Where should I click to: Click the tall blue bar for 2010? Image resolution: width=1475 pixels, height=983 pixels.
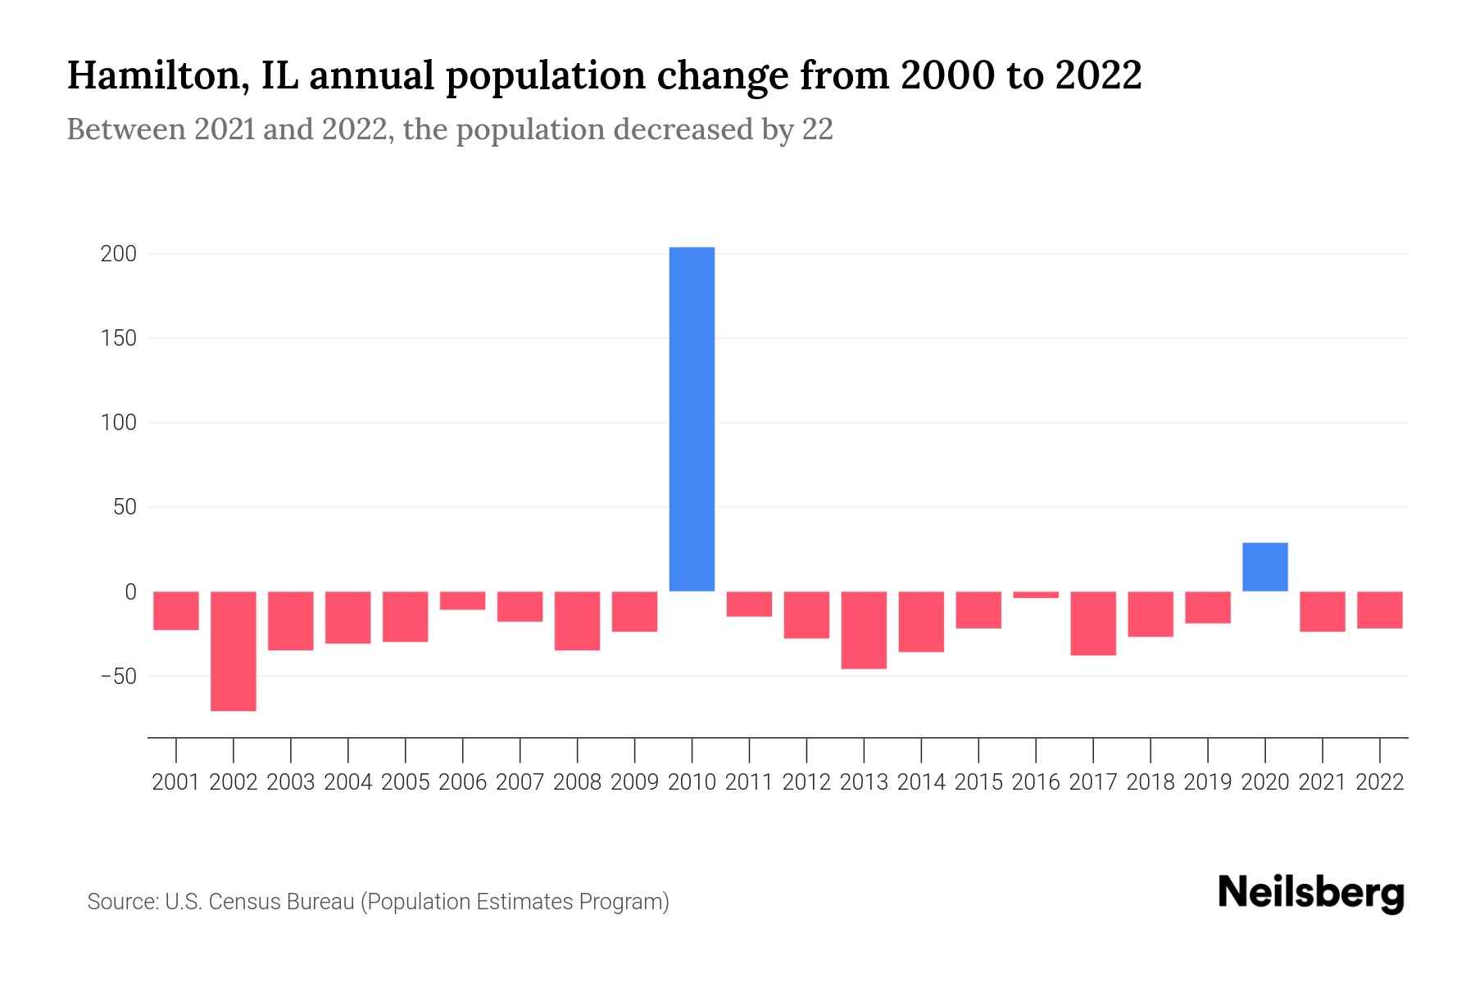click(x=692, y=419)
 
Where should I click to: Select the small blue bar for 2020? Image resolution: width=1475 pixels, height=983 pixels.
click(x=1264, y=567)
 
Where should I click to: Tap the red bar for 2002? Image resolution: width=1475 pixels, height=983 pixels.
click(x=234, y=650)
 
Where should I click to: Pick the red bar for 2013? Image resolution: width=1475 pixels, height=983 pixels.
click(x=864, y=629)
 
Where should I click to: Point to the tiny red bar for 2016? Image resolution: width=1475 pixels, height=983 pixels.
click(x=1036, y=595)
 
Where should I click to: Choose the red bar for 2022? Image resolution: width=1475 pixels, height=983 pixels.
click(x=1380, y=609)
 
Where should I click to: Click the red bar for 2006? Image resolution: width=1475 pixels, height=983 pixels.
click(x=463, y=600)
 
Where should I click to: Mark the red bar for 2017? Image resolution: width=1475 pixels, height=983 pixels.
click(x=1093, y=623)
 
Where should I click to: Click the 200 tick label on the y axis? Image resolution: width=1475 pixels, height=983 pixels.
click(x=118, y=254)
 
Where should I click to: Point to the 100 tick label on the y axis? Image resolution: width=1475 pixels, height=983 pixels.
click(x=118, y=424)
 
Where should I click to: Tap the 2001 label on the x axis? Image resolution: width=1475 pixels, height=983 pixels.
click(x=176, y=782)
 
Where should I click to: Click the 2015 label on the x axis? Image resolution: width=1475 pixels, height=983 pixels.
click(x=978, y=782)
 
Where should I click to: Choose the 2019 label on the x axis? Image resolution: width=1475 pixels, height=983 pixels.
click(x=1208, y=782)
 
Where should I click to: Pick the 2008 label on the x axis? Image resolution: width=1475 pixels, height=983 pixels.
click(x=578, y=782)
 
